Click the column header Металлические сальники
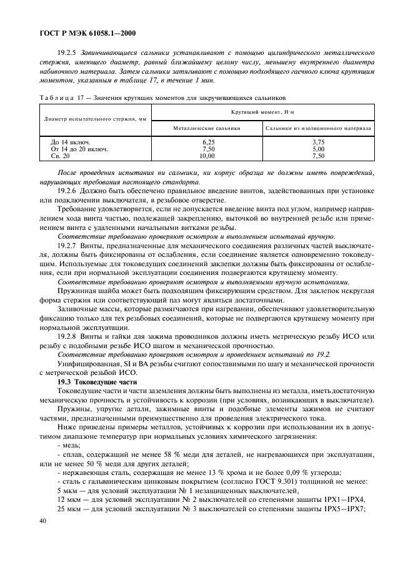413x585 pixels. point(207,128)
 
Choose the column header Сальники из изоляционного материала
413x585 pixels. point(318,128)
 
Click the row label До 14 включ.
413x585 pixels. point(70,142)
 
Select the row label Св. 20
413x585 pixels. point(61,156)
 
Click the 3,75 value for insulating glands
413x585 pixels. point(318,142)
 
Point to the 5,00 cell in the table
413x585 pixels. point(318,149)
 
